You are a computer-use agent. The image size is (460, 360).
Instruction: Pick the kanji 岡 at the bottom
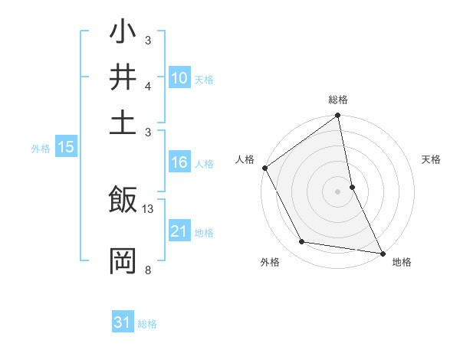click(123, 261)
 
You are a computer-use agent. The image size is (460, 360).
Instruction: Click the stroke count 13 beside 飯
click(148, 209)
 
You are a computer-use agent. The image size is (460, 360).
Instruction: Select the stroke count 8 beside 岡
click(147, 269)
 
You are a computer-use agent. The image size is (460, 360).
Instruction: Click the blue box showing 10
click(179, 78)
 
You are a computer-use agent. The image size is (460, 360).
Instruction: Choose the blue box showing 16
click(179, 162)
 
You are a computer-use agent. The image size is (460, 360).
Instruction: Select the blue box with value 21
click(179, 231)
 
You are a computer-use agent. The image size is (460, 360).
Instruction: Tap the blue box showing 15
click(65, 148)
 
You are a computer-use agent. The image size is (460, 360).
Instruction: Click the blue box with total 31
click(123, 322)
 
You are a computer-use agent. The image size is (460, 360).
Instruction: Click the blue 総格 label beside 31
click(147, 324)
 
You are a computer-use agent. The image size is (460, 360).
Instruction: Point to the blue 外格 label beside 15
click(40, 149)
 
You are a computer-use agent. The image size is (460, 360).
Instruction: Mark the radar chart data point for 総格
click(337, 116)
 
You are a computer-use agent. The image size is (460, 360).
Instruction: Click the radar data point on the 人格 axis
click(264, 168)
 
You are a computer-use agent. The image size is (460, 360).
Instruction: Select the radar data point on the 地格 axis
click(382, 253)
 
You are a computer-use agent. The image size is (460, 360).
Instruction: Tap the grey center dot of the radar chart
click(337, 191)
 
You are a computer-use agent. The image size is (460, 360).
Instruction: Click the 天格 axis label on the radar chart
click(431, 159)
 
